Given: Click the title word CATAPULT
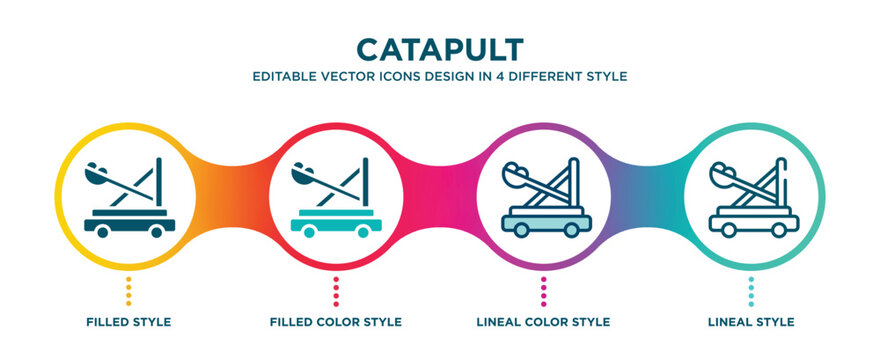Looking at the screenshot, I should (x=439, y=49).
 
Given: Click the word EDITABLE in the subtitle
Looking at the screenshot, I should (x=286, y=76).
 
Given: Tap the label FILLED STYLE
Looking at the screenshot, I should (x=127, y=322).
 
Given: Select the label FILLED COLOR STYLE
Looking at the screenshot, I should (x=336, y=322).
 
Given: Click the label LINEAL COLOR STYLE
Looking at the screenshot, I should (x=544, y=322).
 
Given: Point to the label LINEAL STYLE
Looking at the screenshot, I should (x=752, y=322).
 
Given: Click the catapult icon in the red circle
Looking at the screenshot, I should (x=335, y=199).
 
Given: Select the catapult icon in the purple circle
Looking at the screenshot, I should (x=544, y=199).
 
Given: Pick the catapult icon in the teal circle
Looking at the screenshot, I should (x=752, y=199).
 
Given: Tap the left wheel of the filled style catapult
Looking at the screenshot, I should (x=102, y=231).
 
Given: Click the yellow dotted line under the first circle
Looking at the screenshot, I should (x=127, y=292).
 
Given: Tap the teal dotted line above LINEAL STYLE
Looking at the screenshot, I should (x=752, y=292).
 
